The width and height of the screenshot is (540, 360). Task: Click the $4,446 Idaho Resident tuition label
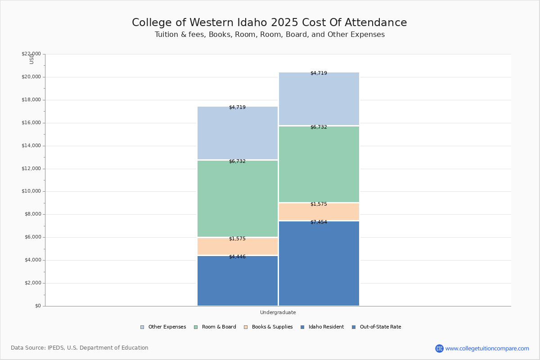tap(237, 256)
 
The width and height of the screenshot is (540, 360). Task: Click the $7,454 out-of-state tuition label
tap(319, 222)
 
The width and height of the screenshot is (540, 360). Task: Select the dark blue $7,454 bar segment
tap(319, 265)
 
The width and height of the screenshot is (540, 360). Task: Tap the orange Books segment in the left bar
tap(237, 247)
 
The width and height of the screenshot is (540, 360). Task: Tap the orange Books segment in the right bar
tap(319, 211)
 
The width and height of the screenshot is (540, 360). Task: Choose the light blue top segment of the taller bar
tap(319, 99)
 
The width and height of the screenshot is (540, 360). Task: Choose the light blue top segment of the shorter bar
tap(237, 134)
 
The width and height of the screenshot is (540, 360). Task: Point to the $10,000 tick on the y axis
tap(31, 191)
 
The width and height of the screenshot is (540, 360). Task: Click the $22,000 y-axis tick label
tap(31, 54)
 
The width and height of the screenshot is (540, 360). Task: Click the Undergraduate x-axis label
tap(278, 312)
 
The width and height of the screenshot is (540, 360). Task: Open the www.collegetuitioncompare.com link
tap(487, 348)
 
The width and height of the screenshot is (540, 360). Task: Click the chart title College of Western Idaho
tap(269, 23)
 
